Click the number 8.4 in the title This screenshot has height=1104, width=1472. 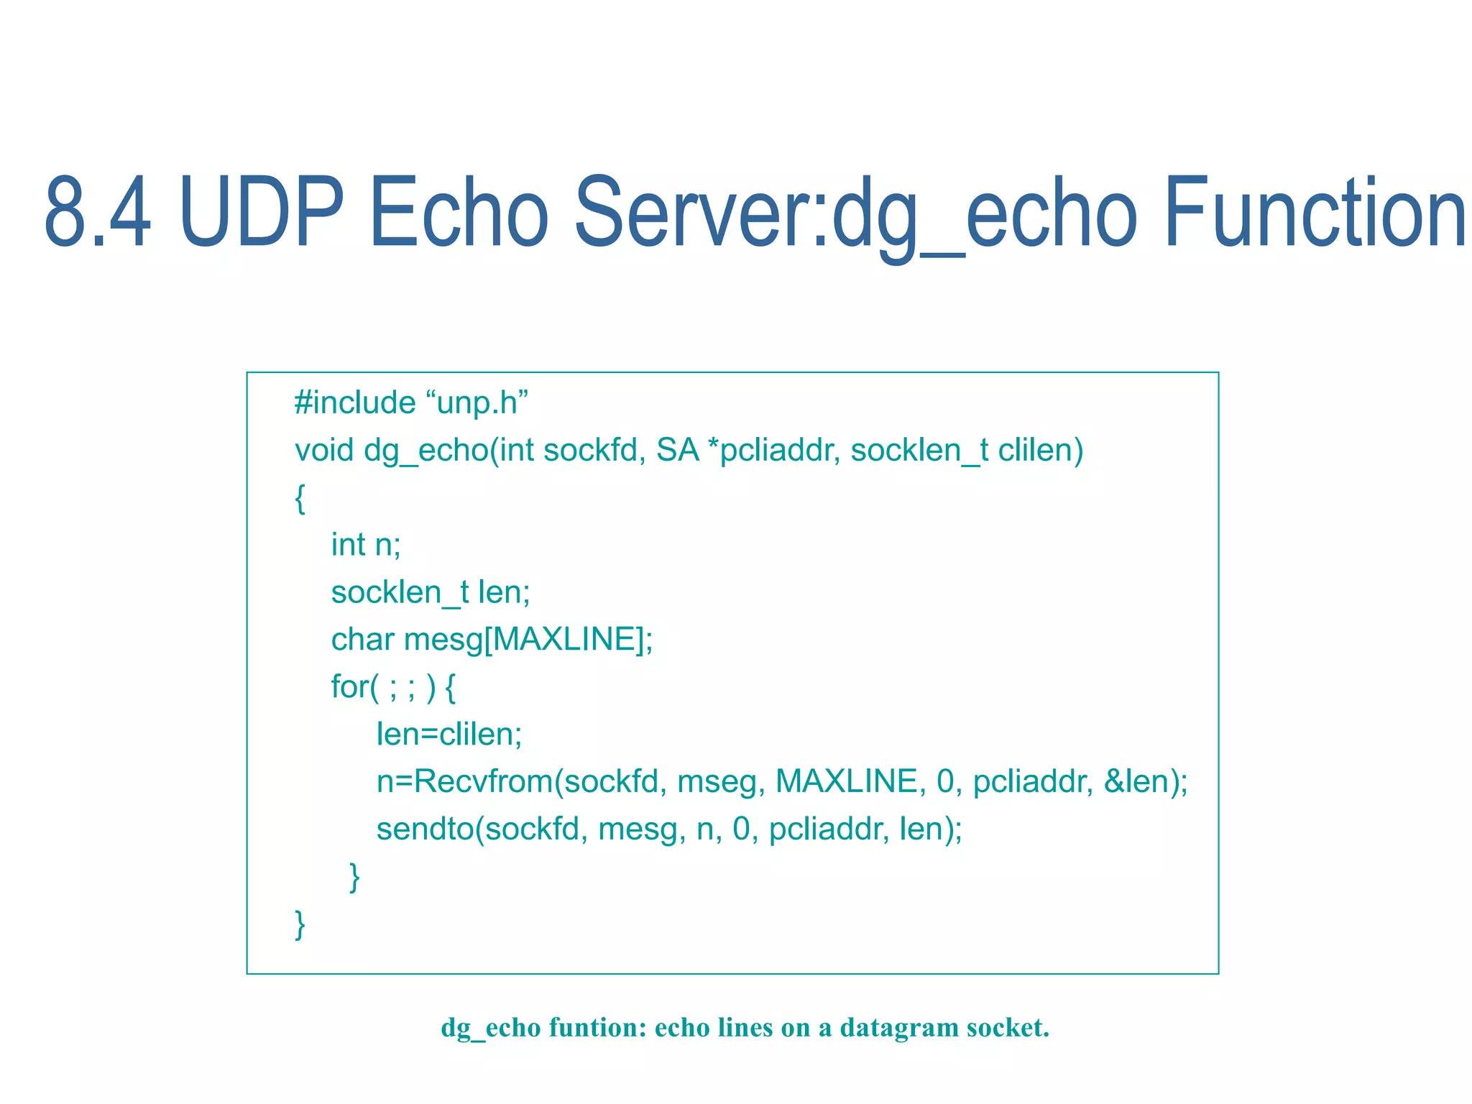[x=98, y=213]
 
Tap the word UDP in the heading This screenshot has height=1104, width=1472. [x=262, y=213]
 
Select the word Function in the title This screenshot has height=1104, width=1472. [x=1314, y=213]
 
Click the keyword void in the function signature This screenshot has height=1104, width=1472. [x=324, y=451]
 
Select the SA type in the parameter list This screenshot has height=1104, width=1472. [x=677, y=451]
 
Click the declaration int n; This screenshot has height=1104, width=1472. [x=366, y=545]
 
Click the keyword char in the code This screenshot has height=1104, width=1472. [x=363, y=640]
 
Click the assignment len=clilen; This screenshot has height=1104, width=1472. [x=449, y=735]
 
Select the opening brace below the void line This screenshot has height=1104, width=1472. [x=300, y=498]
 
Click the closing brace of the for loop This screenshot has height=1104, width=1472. [x=354, y=877]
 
